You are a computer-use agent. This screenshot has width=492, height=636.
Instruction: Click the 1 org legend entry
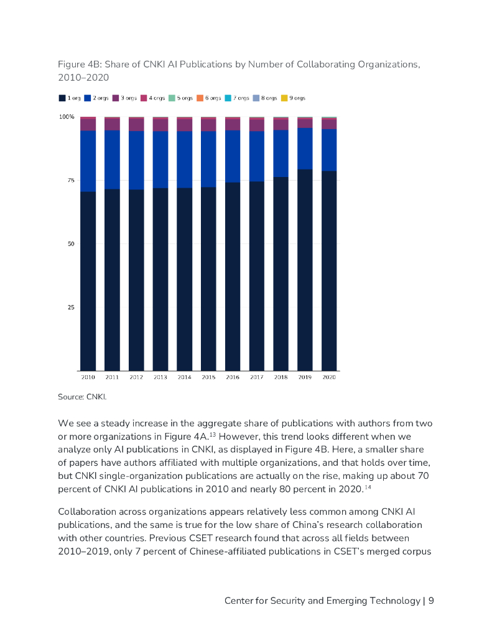[x=69, y=98]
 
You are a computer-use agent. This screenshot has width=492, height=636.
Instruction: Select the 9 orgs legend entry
[x=293, y=98]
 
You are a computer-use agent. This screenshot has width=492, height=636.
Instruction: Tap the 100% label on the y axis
[x=67, y=117]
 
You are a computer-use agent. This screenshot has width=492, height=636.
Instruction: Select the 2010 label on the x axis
[x=88, y=377]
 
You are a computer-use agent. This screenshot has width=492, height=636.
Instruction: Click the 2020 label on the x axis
[x=329, y=377]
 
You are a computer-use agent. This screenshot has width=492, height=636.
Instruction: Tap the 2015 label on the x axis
[x=208, y=377]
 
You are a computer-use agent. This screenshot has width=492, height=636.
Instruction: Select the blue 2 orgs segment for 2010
[x=88, y=161]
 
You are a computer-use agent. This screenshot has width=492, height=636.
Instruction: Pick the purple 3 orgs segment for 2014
[x=184, y=125]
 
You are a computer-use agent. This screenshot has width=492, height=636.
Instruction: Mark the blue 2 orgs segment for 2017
[x=256, y=156]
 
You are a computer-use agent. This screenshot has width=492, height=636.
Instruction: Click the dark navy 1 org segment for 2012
[x=136, y=279]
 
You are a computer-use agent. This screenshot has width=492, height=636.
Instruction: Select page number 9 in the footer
[x=431, y=601]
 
